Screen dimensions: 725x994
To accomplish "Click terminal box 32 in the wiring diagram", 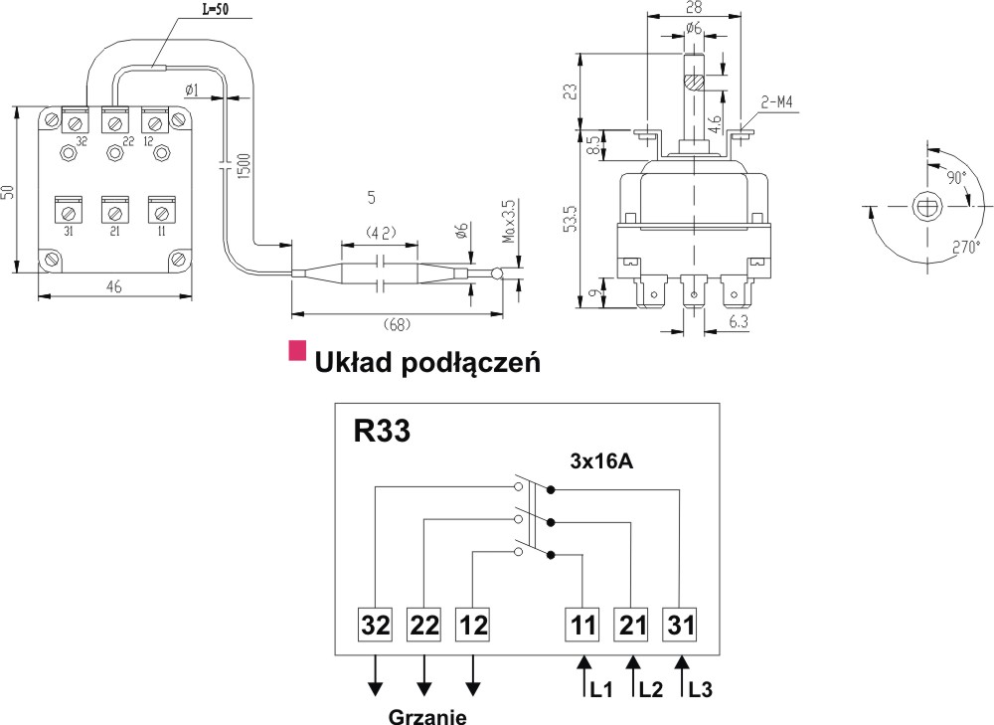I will pos(376,627).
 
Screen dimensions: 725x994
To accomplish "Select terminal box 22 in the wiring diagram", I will pos(424,627).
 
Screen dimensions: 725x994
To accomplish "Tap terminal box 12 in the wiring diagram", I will pos(474,627).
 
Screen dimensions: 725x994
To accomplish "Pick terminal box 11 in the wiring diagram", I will pos(583,627).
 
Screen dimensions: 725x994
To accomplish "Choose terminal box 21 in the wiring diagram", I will pos(632,627).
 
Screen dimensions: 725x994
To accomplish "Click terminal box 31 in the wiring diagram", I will pos(681,627).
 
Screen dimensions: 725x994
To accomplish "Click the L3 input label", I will pos(701,688).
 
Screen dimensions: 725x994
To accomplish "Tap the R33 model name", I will pos(382,433).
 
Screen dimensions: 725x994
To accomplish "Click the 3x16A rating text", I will pos(603,461).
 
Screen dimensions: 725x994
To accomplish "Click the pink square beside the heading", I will pos(297,350).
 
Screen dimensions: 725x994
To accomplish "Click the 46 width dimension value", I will pos(113,287).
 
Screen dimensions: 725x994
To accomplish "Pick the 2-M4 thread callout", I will pos(782,101).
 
